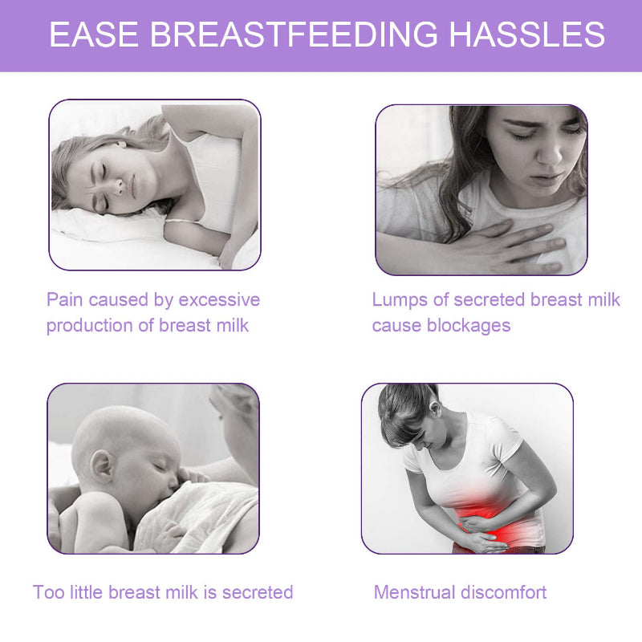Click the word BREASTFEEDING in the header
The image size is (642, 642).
pyautogui.click(x=294, y=35)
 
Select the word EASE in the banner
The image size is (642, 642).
pyautogui.click(x=94, y=35)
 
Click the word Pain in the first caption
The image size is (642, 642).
pyautogui.click(x=64, y=300)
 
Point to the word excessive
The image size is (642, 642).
pyautogui.click(x=219, y=300)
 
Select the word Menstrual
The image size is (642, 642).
pyautogui.click(x=413, y=593)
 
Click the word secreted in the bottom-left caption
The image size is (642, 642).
pyautogui.click(x=258, y=593)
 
